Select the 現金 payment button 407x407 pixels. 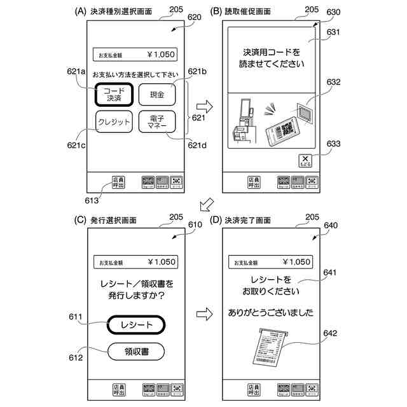[156, 95]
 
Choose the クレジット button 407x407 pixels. [114, 122]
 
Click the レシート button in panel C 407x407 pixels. [137, 325]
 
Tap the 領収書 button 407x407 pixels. [137, 350]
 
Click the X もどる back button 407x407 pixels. [305, 161]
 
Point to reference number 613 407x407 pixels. [91, 200]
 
